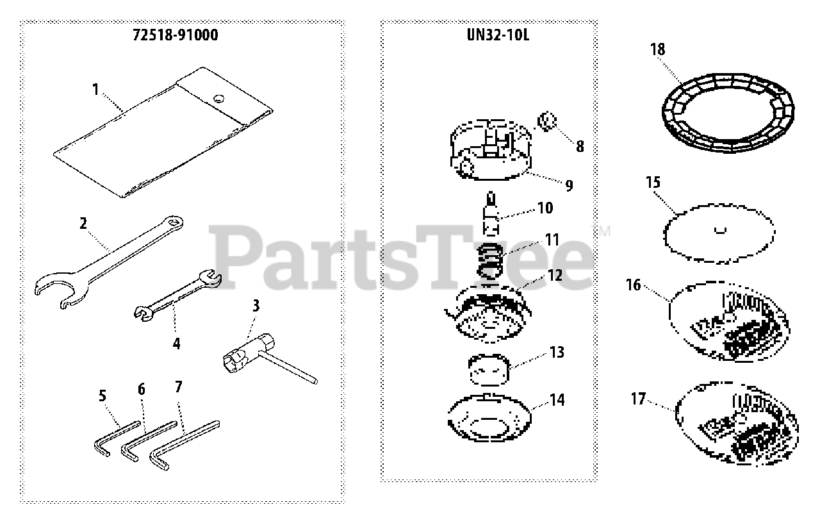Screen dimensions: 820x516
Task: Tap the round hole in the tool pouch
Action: coord(219,98)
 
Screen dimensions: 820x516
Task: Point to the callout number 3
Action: coord(256,305)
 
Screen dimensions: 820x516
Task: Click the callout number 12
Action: coord(555,276)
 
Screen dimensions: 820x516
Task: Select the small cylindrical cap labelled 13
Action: coord(488,369)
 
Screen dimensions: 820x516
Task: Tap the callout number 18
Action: coord(657,49)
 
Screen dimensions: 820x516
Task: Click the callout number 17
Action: coord(638,399)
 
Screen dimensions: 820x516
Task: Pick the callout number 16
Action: coord(633,284)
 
